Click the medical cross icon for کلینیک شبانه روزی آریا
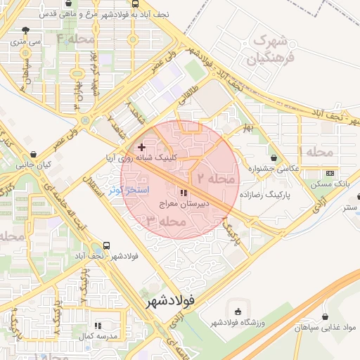[x=142, y=147]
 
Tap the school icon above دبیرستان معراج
[x=184, y=193]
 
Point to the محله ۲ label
[x=214, y=179]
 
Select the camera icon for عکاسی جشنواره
[x=274, y=158]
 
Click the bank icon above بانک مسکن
[x=330, y=173]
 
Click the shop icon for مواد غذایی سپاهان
[x=325, y=317]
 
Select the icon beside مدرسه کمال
[x=98, y=326]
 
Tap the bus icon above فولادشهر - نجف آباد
[x=106, y=245]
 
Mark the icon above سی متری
[x=26, y=30]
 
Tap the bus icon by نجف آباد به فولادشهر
[x=135, y=3]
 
